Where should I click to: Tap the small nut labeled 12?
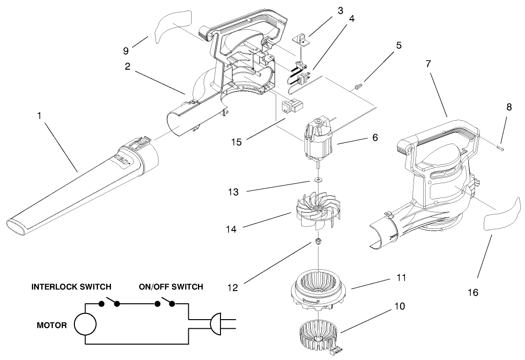318,240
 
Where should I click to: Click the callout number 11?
402,277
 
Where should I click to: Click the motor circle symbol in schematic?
85,324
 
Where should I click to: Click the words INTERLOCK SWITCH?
72,287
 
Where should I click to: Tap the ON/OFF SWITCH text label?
171,287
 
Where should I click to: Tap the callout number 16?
473,292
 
